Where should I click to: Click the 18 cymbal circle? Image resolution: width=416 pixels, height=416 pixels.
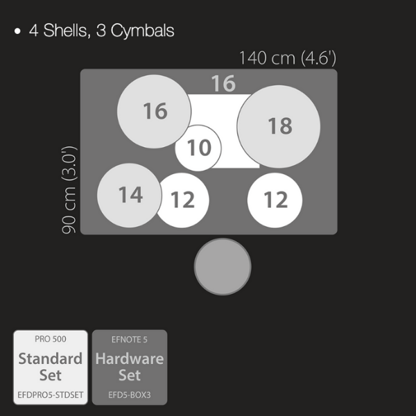[x=279, y=127]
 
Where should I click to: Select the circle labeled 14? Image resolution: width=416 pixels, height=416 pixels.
[x=130, y=196]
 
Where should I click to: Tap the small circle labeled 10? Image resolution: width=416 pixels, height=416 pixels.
[x=198, y=148]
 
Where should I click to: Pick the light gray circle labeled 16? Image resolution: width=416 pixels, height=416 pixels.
[x=154, y=112]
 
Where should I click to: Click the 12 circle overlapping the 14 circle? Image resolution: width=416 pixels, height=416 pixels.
[x=182, y=200]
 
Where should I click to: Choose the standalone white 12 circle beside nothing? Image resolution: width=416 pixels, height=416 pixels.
[x=275, y=200]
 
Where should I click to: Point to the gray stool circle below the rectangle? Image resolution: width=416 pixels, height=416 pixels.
[x=223, y=267]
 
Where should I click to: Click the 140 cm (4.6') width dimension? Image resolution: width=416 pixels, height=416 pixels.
[x=288, y=58]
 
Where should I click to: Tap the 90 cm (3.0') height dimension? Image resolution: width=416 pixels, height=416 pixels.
[x=69, y=190]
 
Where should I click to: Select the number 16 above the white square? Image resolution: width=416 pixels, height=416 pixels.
[x=223, y=83]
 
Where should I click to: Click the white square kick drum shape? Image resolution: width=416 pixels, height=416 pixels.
[x=223, y=131]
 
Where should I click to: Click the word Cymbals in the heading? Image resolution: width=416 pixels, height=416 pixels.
[x=142, y=31]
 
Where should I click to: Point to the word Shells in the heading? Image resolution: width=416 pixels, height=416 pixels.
[x=66, y=31]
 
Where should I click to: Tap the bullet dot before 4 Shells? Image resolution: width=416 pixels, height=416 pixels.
[x=17, y=31]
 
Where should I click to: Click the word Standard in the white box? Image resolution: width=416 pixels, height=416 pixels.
[x=51, y=358]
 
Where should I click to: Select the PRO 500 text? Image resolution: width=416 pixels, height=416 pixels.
[x=51, y=339]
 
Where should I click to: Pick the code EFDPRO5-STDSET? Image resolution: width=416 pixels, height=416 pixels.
[x=51, y=395]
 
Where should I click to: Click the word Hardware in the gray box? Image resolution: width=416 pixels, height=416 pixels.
[x=130, y=358]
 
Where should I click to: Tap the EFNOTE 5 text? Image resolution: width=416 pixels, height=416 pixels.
[x=130, y=340]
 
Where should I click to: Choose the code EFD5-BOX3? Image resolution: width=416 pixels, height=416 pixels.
[x=130, y=395]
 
